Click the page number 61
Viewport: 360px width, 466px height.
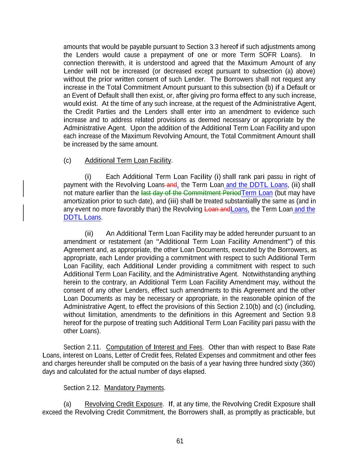(180, 441)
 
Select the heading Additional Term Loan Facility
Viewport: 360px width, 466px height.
(128, 160)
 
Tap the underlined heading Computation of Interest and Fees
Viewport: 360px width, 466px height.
(154, 348)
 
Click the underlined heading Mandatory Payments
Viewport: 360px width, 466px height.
(134, 388)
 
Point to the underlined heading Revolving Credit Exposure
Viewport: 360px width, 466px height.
(123, 404)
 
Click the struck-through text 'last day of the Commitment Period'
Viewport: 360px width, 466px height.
(191, 193)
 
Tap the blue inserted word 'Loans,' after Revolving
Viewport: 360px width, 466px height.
(240, 209)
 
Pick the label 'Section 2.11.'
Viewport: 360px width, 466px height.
(82, 348)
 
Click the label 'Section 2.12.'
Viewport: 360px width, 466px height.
(82, 388)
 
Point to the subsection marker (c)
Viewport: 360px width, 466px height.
(67, 160)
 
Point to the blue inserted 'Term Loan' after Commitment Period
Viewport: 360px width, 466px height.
(257, 193)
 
